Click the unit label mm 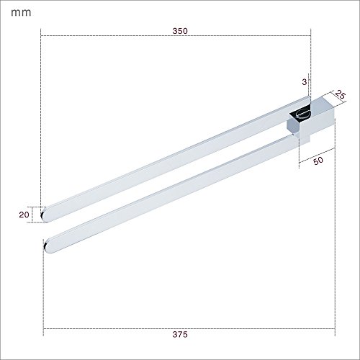[21, 13]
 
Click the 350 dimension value [180, 31]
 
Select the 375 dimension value [180, 334]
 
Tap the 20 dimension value [24, 215]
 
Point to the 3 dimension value [305, 82]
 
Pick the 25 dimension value [341, 95]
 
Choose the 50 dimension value [318, 161]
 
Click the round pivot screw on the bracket [303, 114]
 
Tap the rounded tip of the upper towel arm [44, 215]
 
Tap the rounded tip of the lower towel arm [46, 246]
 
